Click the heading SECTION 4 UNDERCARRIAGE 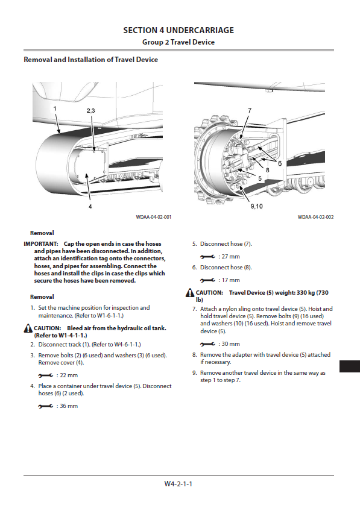point(178,31)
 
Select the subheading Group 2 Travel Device point(178,42)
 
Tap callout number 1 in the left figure point(55,108)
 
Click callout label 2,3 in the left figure point(91,111)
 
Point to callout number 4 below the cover point(90,206)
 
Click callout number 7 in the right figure point(250,110)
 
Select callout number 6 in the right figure point(280,163)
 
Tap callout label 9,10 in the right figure point(256,206)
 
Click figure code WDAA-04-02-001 point(153,217)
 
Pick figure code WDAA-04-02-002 point(315,217)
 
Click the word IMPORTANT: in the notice point(41,243)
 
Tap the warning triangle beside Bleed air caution point(28,328)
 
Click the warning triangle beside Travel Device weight point(190,292)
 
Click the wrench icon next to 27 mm point(207,257)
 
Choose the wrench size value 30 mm point(230,343)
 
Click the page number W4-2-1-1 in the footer point(178,484)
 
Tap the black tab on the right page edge point(350,366)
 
